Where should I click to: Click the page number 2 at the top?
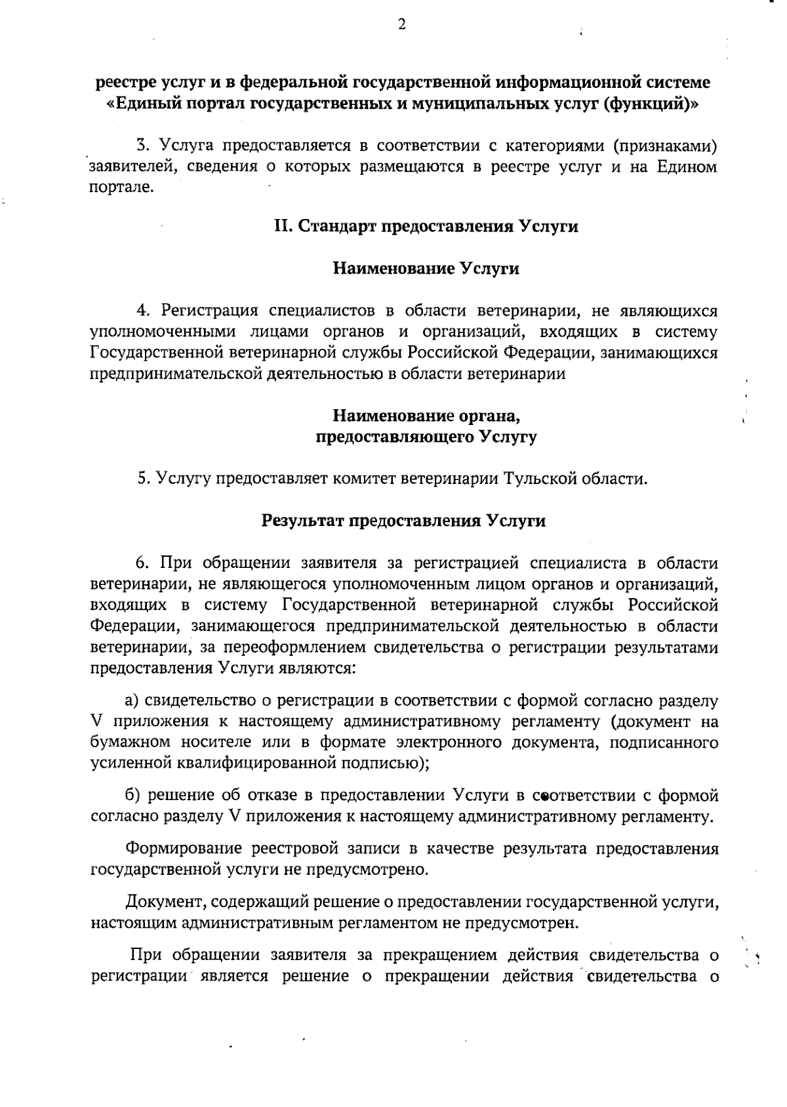coord(401,25)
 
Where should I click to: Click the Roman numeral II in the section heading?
coord(282,227)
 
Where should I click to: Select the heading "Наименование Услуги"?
coord(426,269)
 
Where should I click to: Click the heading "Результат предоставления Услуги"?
coord(404,521)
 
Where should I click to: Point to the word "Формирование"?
coord(184,849)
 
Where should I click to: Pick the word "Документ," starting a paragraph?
coord(165,902)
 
